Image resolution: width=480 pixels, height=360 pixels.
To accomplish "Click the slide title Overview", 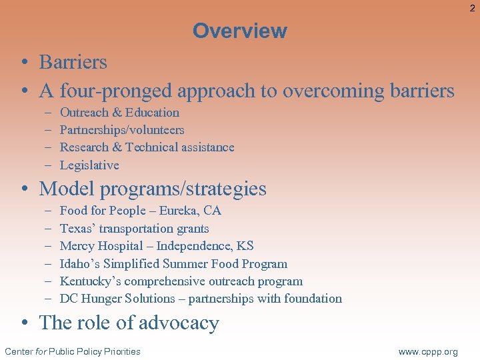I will click(x=239, y=31).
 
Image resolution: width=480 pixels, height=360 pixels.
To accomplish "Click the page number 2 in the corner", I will click(x=472, y=8).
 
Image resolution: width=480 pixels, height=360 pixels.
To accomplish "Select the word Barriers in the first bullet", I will click(x=73, y=62).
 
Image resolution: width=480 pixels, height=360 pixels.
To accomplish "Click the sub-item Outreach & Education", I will click(x=119, y=113).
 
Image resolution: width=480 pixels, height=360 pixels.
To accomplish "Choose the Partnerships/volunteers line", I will click(x=122, y=130).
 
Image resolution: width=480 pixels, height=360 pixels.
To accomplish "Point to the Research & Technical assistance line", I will click(x=147, y=147).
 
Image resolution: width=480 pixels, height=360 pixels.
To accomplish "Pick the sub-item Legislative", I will click(x=89, y=165).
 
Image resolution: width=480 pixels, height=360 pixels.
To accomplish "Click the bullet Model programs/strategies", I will click(x=153, y=189).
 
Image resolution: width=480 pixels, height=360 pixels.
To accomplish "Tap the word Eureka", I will click(x=178, y=211).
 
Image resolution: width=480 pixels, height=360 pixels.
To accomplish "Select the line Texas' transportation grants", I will click(x=134, y=229).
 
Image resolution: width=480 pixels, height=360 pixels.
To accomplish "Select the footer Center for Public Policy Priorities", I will click(x=73, y=351).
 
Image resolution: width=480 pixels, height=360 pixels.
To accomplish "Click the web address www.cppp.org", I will click(x=428, y=351).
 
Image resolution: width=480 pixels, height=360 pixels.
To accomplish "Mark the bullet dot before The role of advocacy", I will click(x=24, y=323).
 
